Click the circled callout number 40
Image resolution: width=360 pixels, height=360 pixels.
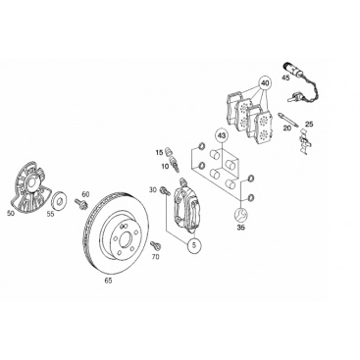(265, 83)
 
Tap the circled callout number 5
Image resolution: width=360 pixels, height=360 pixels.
(194, 246)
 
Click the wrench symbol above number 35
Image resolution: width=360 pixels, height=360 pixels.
(241, 216)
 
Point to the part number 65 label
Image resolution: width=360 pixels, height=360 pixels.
(109, 281)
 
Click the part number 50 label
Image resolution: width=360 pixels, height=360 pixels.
(11, 214)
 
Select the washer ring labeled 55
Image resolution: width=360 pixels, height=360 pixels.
(60, 200)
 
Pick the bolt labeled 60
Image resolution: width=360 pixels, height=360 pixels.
(80, 204)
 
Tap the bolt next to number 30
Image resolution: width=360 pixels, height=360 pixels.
(164, 191)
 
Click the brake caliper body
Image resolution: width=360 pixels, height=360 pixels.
(185, 206)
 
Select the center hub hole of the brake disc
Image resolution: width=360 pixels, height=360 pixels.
(126, 240)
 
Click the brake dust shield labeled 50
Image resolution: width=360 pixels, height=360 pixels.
(29, 185)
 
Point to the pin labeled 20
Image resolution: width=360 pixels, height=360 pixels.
(288, 121)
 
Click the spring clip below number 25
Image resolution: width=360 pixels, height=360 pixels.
(304, 141)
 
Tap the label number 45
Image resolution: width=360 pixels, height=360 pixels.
(285, 78)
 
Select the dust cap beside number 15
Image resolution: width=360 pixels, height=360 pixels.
(169, 151)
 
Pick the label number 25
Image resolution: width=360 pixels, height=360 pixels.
(309, 125)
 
